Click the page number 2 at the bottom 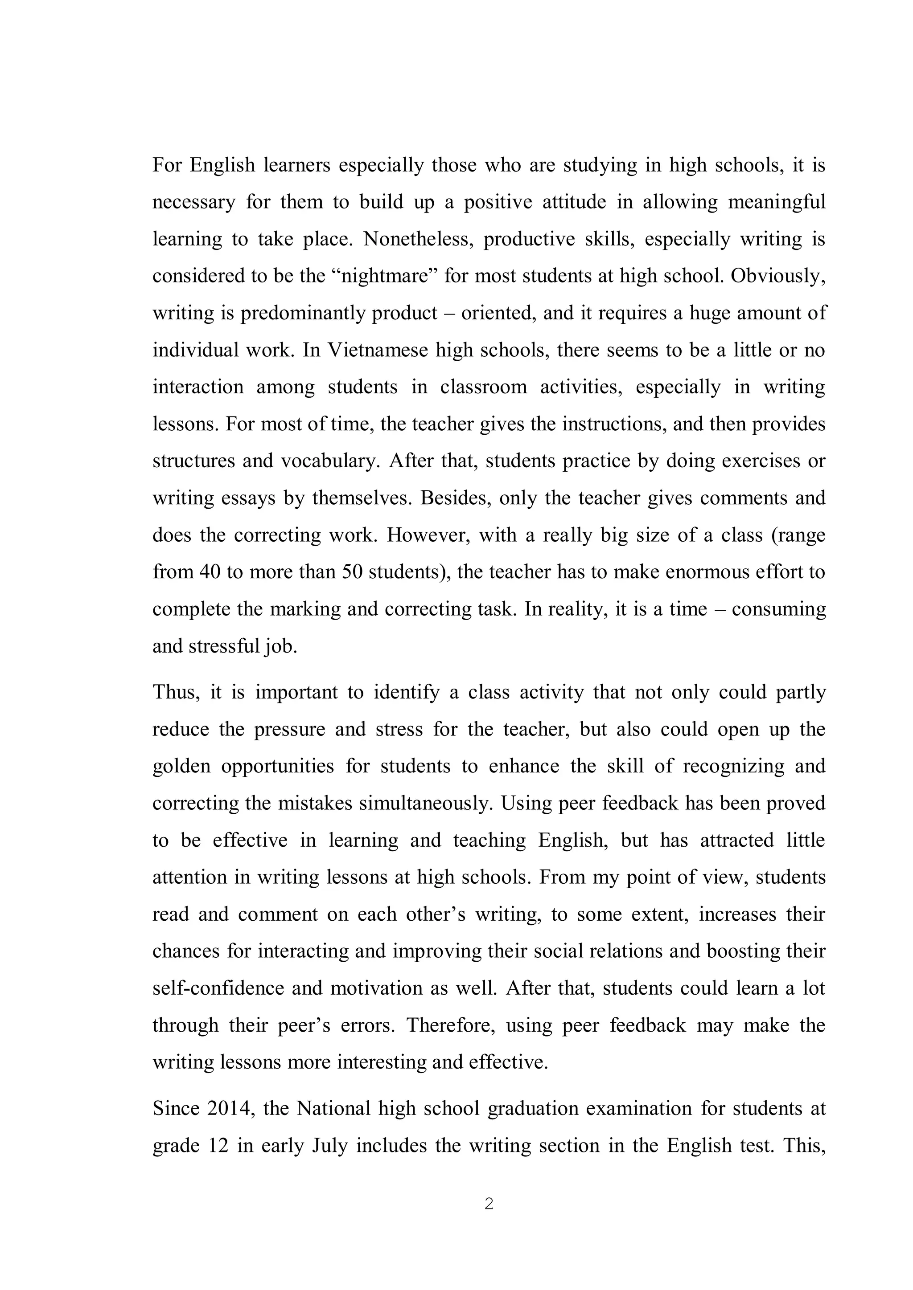click(489, 1204)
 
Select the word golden click(181, 766)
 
